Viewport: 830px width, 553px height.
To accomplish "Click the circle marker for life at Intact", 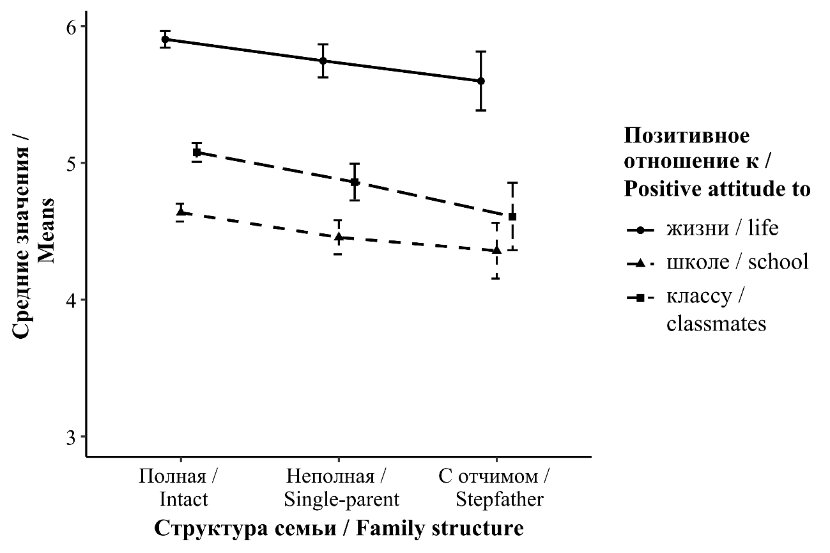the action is tap(165, 39).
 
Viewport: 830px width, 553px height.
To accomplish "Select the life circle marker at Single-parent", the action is tap(323, 61).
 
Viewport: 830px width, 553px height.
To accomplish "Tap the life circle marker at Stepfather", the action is tap(481, 81).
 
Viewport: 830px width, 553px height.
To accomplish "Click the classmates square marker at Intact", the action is tap(197, 152).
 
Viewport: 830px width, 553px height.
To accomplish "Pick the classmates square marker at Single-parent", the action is tap(355, 182).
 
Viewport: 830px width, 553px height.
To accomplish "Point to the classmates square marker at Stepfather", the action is tap(512, 217).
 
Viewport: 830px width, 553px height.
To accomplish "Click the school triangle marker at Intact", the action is tap(181, 211).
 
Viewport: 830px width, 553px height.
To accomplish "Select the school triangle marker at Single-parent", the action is tap(339, 237).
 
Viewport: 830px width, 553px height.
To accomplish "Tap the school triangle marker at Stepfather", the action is tap(496, 250).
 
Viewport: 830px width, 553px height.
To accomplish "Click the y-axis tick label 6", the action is tap(70, 27).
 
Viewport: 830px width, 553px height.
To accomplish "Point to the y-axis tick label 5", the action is tap(70, 164).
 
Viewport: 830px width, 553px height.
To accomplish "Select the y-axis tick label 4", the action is tap(70, 300).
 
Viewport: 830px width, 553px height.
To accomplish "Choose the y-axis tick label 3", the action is tap(70, 437).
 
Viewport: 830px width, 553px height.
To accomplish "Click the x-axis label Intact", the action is tap(183, 499).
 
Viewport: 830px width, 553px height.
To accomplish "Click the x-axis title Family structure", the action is tap(440, 529).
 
